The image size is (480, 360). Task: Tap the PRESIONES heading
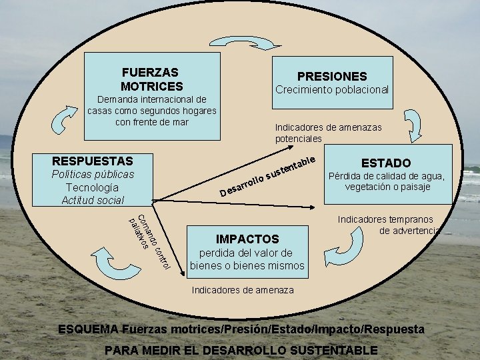pyautogui.click(x=331, y=77)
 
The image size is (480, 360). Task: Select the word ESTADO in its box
pyautogui.click(x=386, y=163)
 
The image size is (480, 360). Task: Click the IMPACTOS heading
pyautogui.click(x=247, y=239)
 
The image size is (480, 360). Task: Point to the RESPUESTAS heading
pyautogui.click(x=93, y=161)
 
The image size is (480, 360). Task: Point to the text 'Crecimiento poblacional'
pyautogui.click(x=332, y=89)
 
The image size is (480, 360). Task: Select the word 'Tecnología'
pyautogui.click(x=93, y=187)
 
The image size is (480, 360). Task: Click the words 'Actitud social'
pyautogui.click(x=93, y=200)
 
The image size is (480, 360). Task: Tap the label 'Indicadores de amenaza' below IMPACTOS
pyautogui.click(x=243, y=290)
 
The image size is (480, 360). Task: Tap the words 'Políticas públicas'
pyautogui.click(x=93, y=174)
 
